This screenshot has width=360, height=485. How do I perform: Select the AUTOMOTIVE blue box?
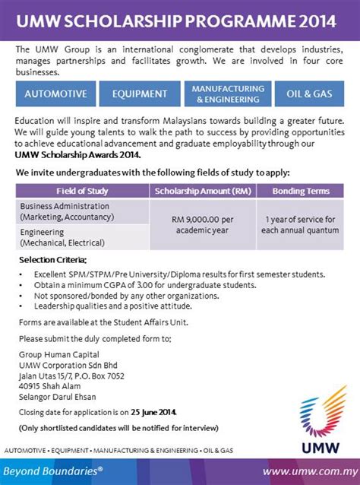click(x=55, y=94)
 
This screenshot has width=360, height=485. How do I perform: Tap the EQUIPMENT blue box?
click(x=139, y=94)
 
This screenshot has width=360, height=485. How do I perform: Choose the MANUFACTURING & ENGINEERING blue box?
click(x=228, y=94)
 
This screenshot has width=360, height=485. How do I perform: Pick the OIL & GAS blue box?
click(x=310, y=94)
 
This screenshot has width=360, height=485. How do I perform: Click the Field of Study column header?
click(x=81, y=190)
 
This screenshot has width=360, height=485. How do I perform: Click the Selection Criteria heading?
click(x=50, y=261)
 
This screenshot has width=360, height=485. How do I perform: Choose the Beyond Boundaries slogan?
click(x=56, y=471)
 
